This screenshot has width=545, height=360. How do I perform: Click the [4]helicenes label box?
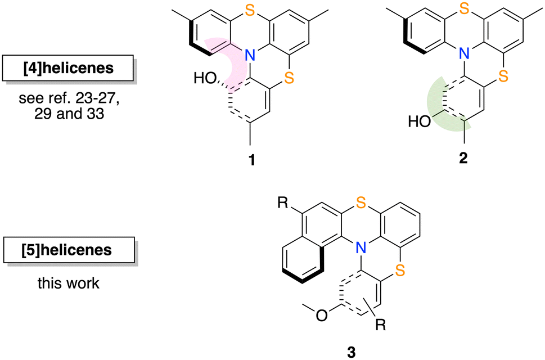[68, 67]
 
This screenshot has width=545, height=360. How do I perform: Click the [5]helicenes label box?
[69, 250]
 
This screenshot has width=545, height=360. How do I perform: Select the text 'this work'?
[69, 283]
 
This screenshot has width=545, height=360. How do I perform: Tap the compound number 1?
[251, 160]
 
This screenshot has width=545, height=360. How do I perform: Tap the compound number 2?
[463, 158]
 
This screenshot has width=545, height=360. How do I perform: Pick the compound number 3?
[352, 352]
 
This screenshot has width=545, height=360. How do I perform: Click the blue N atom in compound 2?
[463, 53]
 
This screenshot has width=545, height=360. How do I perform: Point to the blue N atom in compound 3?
[362, 248]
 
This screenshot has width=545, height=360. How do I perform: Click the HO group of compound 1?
[205, 78]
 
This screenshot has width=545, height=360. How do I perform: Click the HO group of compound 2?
[420, 121]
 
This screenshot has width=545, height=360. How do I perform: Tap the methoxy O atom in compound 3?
[322, 316]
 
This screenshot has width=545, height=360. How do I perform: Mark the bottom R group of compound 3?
[381, 325]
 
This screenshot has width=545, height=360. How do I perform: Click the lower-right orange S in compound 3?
[400, 271]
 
